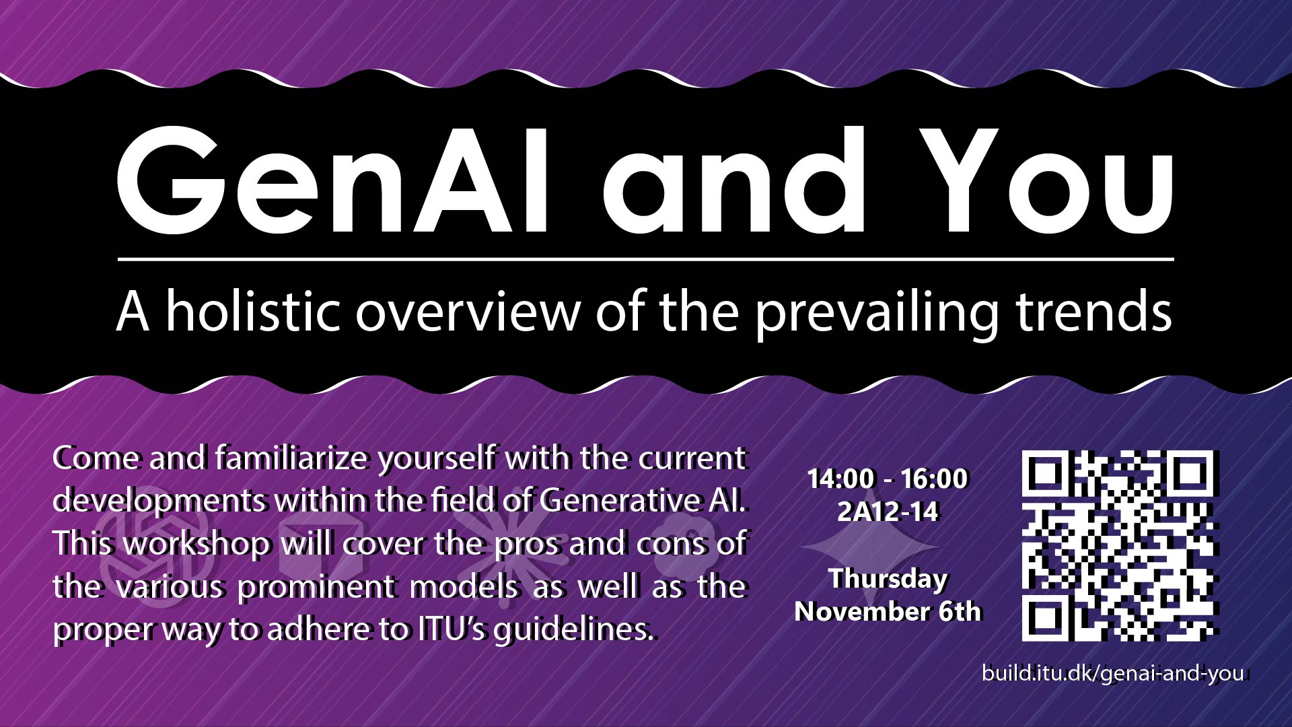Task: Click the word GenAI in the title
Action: pyautogui.click(x=333, y=180)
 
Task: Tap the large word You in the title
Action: pyautogui.click(x=1046, y=180)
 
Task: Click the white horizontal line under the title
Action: pyautogui.click(x=646, y=258)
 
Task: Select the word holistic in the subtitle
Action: pyautogui.click(x=253, y=311)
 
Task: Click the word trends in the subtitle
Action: pyautogui.click(x=1094, y=311)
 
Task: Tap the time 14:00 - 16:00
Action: pyautogui.click(x=888, y=479)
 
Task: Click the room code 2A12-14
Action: pyautogui.click(x=888, y=512)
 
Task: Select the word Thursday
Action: pyautogui.click(x=888, y=580)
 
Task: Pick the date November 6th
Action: pyautogui.click(x=888, y=612)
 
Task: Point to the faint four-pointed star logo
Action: pyautogui.click(x=868, y=549)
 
